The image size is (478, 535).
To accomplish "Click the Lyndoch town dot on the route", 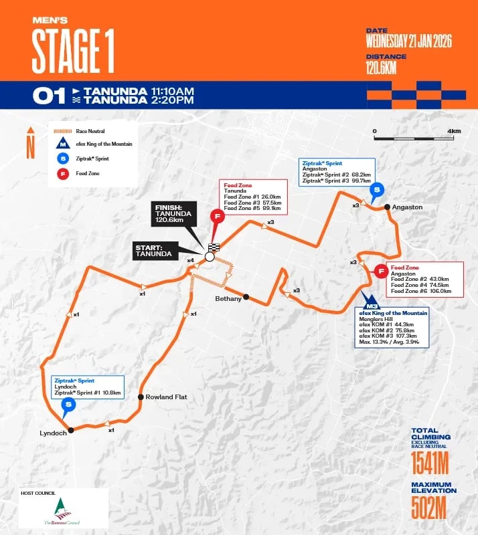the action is (x=70, y=431).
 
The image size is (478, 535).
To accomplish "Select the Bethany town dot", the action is (x=246, y=297).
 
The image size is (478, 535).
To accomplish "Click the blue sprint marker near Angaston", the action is (x=378, y=190).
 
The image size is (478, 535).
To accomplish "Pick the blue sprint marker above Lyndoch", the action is (x=68, y=404).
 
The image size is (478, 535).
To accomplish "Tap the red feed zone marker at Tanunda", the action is (x=216, y=216).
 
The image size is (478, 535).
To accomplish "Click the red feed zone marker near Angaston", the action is (x=381, y=271).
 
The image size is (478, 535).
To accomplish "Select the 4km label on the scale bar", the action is (x=455, y=131).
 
